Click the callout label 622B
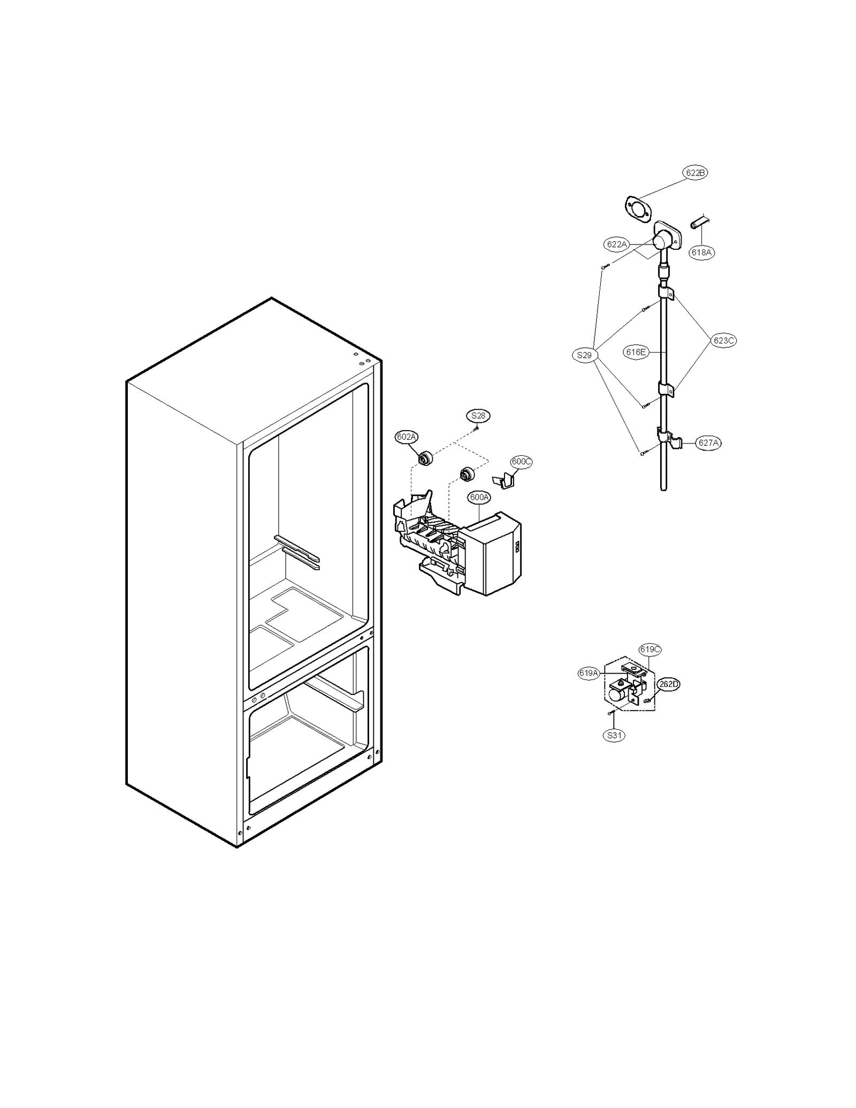tap(695, 173)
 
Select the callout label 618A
tap(701, 252)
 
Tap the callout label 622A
tap(616, 244)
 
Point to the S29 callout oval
tap(584, 355)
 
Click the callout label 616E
tap(636, 352)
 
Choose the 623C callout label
tap(724, 340)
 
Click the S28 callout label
tap(478, 415)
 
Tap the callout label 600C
tap(521, 461)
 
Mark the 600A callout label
tap(479, 497)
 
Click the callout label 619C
tap(650, 649)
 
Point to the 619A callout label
tap(588, 673)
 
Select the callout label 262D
tap(669, 684)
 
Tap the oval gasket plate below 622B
tap(638, 208)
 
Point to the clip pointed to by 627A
tap(669, 440)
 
